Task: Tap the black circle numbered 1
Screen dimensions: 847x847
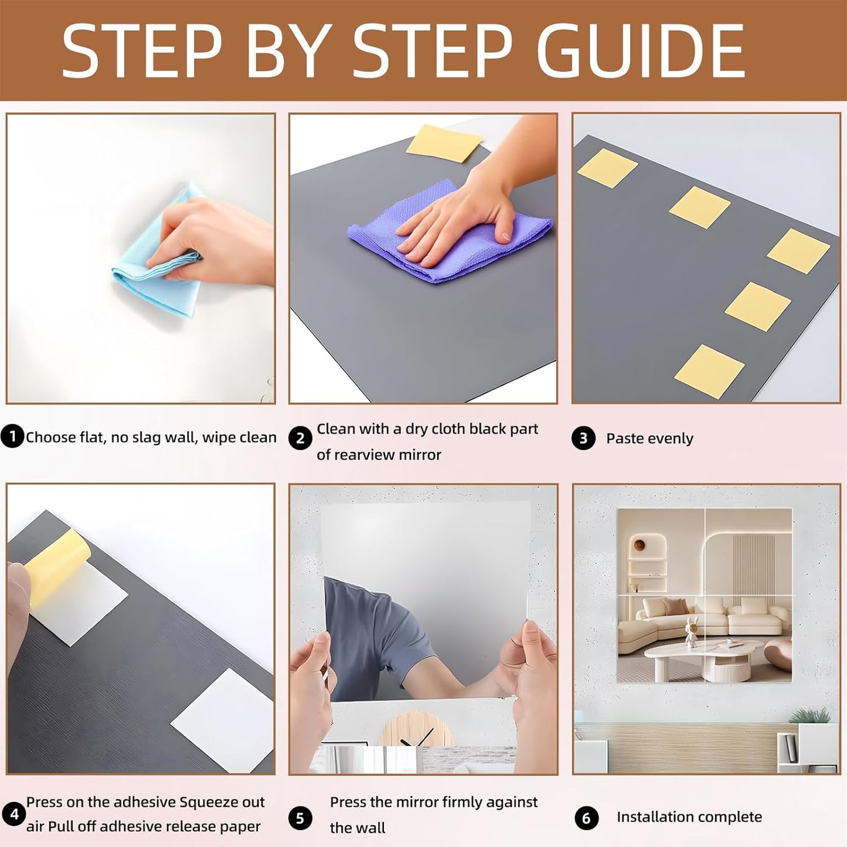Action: [12, 437]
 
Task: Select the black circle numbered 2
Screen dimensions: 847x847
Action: [300, 438]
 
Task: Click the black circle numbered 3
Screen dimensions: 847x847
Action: [583, 438]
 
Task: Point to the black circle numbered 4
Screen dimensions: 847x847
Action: [13, 814]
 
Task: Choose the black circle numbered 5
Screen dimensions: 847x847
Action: [300, 818]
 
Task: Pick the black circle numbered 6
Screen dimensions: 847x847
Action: [586, 818]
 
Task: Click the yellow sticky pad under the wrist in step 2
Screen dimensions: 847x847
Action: [443, 142]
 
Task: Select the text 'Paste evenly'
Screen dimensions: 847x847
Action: [649, 438]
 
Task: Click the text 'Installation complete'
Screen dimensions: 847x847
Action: [689, 817]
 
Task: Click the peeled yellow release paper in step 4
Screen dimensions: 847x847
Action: [56, 566]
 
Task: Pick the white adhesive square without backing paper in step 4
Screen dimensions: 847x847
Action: [223, 718]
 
